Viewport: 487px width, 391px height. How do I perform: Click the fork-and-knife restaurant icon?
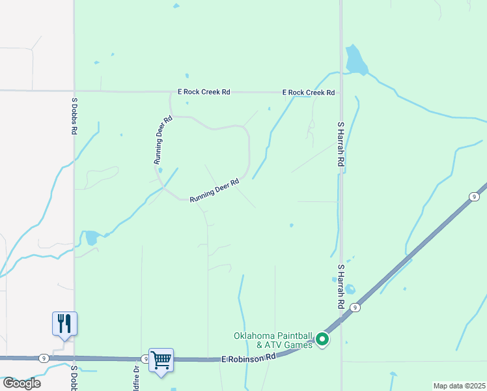[x=64, y=323]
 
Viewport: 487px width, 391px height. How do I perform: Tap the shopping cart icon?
[x=161, y=360]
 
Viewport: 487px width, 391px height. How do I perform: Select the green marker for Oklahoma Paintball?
[x=322, y=340]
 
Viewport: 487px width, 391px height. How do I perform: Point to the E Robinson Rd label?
[x=248, y=358]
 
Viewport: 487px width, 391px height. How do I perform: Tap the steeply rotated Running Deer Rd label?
[x=163, y=139]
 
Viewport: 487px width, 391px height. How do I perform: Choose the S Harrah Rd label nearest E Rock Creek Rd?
[x=340, y=144]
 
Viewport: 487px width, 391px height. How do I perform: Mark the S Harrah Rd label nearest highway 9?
[x=340, y=287]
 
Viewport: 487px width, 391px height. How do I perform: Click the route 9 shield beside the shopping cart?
[x=145, y=358]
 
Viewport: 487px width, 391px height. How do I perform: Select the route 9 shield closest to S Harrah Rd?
[x=355, y=307]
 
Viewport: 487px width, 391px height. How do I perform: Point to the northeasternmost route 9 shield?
[x=475, y=197]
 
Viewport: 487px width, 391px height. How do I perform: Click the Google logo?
[x=21, y=383]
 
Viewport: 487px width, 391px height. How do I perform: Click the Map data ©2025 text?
[x=459, y=386]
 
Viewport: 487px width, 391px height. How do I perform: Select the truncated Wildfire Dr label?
[x=137, y=379]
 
